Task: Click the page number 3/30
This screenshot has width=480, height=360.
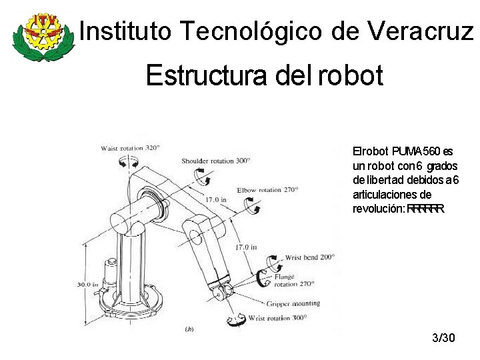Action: pos(443,338)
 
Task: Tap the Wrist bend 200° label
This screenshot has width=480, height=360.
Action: pos(309,257)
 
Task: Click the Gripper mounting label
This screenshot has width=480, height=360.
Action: pos(293,303)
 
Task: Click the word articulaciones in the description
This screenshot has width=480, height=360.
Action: pos(392,195)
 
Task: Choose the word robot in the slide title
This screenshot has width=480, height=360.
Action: pos(351,75)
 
